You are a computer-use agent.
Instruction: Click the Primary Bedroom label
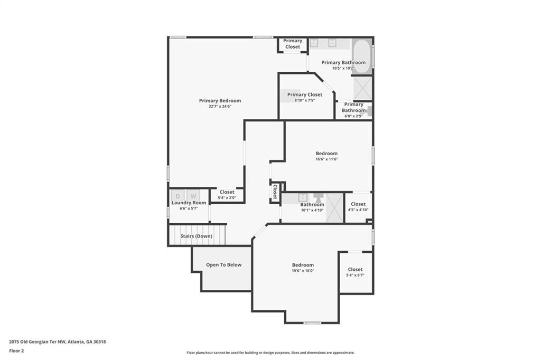point(220,101)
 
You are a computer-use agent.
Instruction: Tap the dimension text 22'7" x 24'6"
point(220,107)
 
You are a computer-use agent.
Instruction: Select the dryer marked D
point(178,196)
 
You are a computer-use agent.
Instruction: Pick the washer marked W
point(193,196)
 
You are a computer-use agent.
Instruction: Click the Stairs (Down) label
point(197,236)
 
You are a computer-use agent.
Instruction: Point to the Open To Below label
point(223,265)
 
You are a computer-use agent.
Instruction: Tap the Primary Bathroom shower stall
point(362,88)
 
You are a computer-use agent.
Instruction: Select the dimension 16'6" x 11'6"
point(327,159)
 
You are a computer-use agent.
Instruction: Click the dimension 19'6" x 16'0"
point(303,271)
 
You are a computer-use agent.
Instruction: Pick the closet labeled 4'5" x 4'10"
point(358,207)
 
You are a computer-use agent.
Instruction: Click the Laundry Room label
point(189,203)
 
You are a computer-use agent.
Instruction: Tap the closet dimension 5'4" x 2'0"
point(227,198)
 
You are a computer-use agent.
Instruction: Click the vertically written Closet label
point(275,192)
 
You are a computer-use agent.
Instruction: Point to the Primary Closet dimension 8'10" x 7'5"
point(305,100)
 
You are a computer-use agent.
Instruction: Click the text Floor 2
point(16,351)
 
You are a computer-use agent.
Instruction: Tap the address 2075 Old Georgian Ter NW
point(38,342)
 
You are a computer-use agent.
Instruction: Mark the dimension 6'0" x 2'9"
point(353,116)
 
